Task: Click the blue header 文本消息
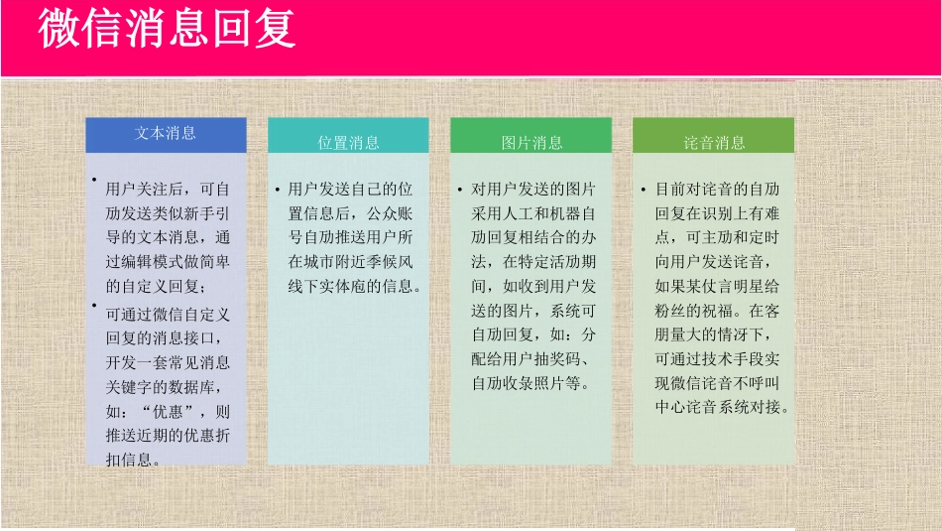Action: (166, 133)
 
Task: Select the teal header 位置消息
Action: (348, 143)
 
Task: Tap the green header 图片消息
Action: (531, 143)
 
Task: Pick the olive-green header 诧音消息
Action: (714, 143)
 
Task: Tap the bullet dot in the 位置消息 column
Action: (277, 189)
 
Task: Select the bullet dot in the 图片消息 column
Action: (460, 189)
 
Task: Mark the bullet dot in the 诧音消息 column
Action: (643, 189)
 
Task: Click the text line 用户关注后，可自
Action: (168, 189)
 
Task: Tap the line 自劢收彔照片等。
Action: (531, 383)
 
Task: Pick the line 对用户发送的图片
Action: (533, 189)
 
